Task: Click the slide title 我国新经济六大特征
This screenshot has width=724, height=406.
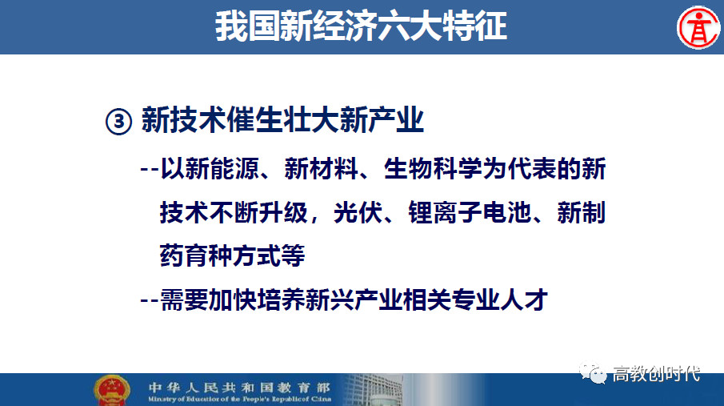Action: [x=361, y=26]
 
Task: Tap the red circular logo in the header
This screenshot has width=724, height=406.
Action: [x=698, y=28]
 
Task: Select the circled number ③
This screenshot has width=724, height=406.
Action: [x=118, y=121]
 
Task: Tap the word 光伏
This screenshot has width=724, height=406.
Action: [x=358, y=212]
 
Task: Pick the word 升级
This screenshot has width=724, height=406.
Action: [x=283, y=212]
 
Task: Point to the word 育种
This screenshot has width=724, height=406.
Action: [x=209, y=255]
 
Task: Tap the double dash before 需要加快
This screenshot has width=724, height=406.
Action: [x=149, y=300]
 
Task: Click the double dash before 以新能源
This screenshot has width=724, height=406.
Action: [x=149, y=169]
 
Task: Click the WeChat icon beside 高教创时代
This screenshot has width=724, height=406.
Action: [x=593, y=372]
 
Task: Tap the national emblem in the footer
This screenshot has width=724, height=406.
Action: [x=112, y=391]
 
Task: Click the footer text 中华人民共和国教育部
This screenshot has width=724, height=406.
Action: [x=239, y=388]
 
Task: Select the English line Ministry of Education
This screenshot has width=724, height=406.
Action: [x=239, y=399]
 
